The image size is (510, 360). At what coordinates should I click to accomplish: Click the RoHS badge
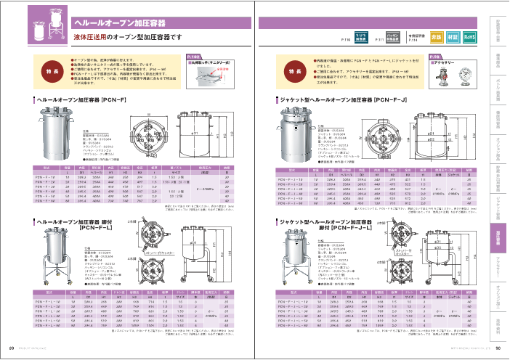pos(469,36)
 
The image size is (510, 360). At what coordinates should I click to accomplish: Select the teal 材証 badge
pos(453,36)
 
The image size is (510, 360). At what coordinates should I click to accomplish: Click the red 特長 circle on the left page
pos(50,73)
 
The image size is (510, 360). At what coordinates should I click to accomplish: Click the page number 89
pos(11,348)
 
